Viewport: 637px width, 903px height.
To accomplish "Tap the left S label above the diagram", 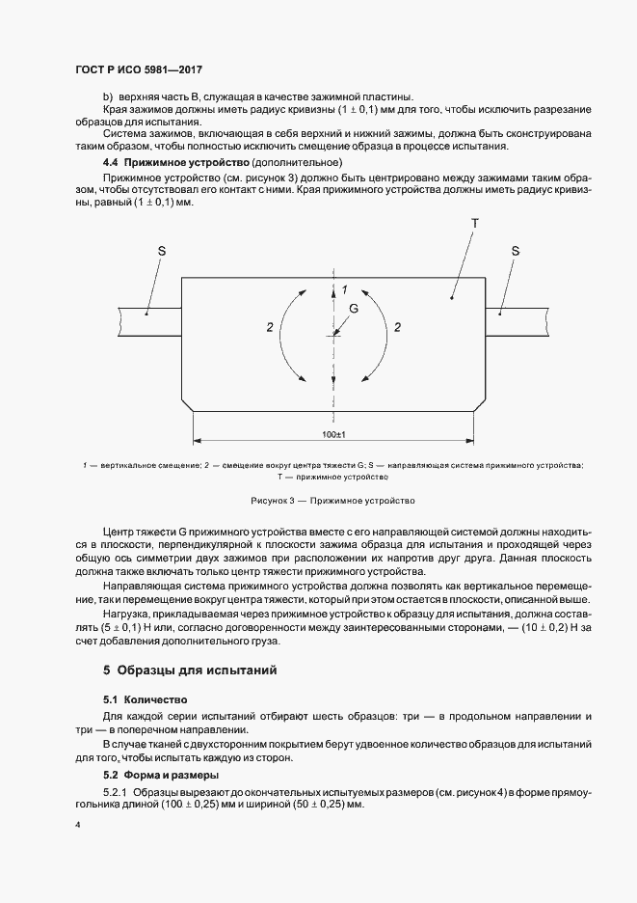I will click(162, 251).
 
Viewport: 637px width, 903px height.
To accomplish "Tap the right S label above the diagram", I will click(516, 251).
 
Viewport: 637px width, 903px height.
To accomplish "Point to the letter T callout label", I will click(474, 223).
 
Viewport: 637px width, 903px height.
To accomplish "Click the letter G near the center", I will click(353, 309).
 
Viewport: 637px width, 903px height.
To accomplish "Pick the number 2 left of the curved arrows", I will click(269, 328).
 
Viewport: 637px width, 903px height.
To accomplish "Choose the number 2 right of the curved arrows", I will click(397, 328).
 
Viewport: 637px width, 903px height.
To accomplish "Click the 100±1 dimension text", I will click(334, 435).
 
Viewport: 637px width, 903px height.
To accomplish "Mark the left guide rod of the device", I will click(149, 313).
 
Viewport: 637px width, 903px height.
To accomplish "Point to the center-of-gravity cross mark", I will click(333, 335).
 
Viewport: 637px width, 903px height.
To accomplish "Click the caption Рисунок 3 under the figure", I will click(332, 501).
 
